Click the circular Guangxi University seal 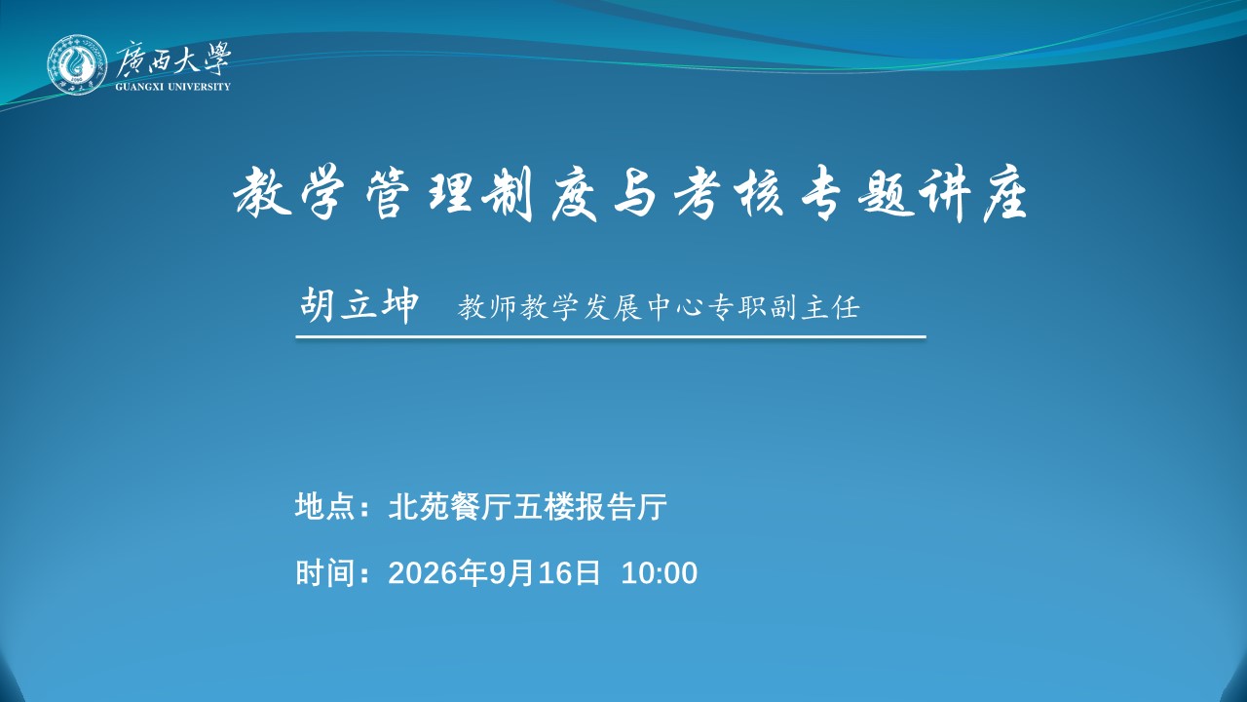[x=76, y=65]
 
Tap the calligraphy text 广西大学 [x=173, y=58]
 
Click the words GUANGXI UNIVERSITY [x=172, y=87]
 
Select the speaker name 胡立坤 [x=359, y=305]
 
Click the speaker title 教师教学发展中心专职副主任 [x=659, y=307]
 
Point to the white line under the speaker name [x=611, y=336]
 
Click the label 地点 [x=324, y=506]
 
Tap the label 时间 [x=324, y=572]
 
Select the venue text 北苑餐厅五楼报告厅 [x=527, y=506]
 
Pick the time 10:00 [x=660, y=573]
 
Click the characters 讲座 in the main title [x=969, y=194]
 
